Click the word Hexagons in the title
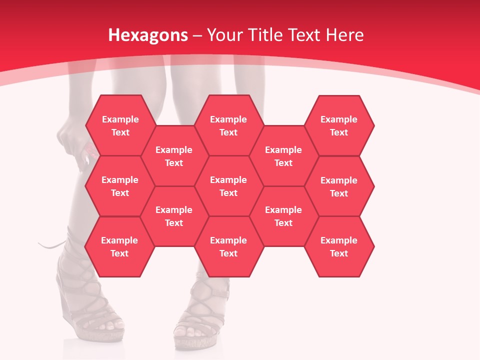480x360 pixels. (148, 35)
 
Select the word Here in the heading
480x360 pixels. (344, 35)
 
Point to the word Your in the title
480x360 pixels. (224, 35)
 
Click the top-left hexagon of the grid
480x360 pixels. (120, 125)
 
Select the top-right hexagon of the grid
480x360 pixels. (339, 125)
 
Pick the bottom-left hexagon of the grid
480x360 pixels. (119, 246)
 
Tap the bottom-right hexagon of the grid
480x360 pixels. (339, 246)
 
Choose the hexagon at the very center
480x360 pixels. (228, 186)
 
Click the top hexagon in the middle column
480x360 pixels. (228, 125)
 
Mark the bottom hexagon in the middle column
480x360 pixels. (228, 246)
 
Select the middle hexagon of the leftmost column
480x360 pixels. (120, 186)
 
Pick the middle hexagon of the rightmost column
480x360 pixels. (339, 186)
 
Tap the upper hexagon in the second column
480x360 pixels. (174, 156)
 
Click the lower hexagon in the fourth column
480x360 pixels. (283, 216)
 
